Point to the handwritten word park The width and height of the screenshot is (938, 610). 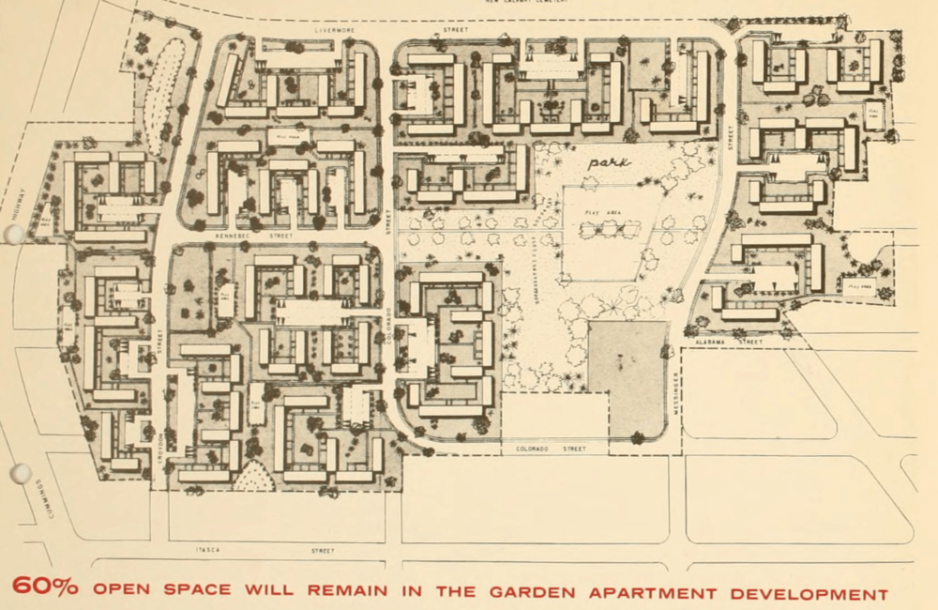tap(608, 161)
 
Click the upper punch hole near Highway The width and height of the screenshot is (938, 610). tap(15, 233)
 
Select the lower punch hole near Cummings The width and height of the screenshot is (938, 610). tap(21, 473)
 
